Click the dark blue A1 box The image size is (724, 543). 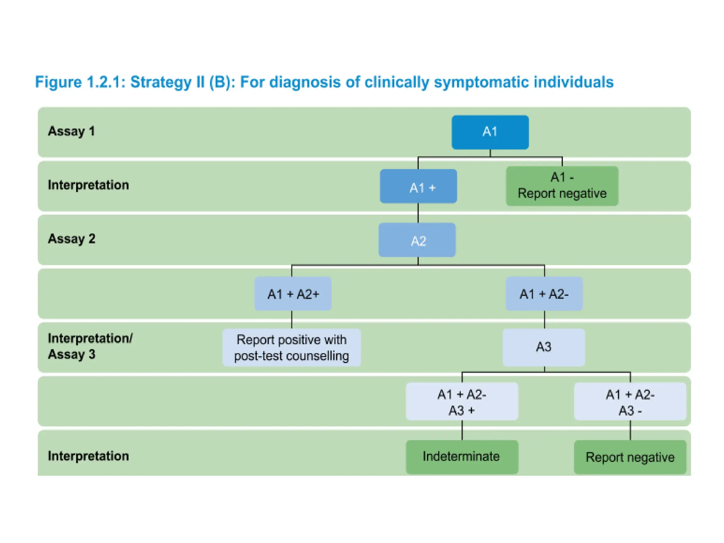pos(490,132)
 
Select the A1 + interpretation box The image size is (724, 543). pos(418,186)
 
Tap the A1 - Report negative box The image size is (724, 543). pos(562,186)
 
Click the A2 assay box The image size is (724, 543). pos(417,240)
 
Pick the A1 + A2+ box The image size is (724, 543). pos(293,294)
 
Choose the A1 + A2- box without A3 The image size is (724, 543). pos(544,294)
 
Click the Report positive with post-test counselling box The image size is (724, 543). pos(292,348)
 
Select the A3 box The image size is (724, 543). pos(544,347)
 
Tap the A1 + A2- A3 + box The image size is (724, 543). pos(462,402)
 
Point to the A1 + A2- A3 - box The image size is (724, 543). pos(630,402)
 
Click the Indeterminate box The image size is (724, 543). pos(462,457)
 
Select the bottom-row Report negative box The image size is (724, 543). pos(630,457)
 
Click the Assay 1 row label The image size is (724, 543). pos(71,131)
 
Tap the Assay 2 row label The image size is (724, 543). pos(71,239)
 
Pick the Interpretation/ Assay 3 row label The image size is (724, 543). pos(90,346)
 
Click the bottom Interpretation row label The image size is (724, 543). pos(88,456)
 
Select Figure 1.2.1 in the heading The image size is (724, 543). pos(80,82)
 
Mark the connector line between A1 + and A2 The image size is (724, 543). pos(418,213)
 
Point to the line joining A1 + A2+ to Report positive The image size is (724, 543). pos(292,320)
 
